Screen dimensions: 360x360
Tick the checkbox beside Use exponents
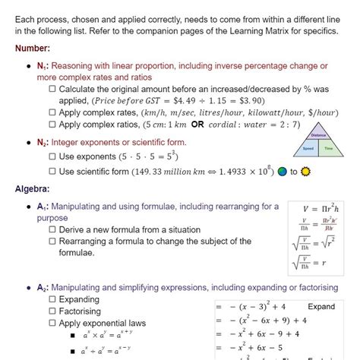[x=52, y=156]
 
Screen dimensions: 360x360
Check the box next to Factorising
[x=52, y=311]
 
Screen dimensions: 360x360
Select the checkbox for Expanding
[x=52, y=300]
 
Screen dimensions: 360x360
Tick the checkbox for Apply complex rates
[x=52, y=112]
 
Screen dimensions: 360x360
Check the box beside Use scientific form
[x=52, y=172]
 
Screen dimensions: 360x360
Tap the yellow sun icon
[x=305, y=172]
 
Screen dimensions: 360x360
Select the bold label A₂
[x=43, y=288]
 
